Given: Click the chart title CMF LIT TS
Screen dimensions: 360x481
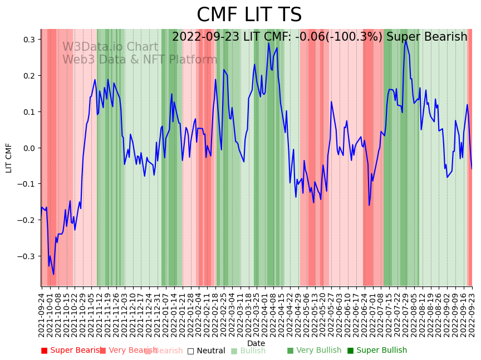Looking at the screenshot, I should coord(249,15).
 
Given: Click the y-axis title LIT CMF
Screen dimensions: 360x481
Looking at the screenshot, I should coord(9,158).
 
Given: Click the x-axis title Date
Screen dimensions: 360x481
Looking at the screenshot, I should coord(256,343).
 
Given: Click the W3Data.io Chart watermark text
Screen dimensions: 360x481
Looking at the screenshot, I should coord(110,47).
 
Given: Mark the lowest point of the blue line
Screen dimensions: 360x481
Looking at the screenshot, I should coord(53,274).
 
